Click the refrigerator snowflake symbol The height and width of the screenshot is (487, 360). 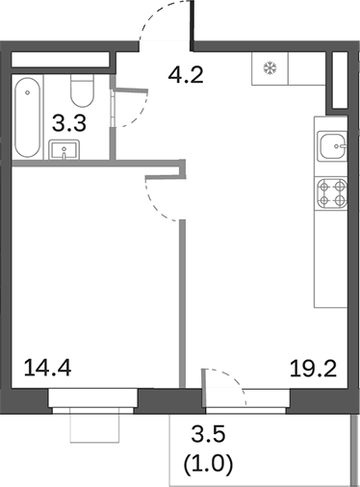click(270, 69)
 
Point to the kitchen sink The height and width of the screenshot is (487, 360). click(333, 147)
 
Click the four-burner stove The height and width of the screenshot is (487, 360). click(332, 195)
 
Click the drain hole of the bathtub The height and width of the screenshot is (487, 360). click(30, 94)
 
